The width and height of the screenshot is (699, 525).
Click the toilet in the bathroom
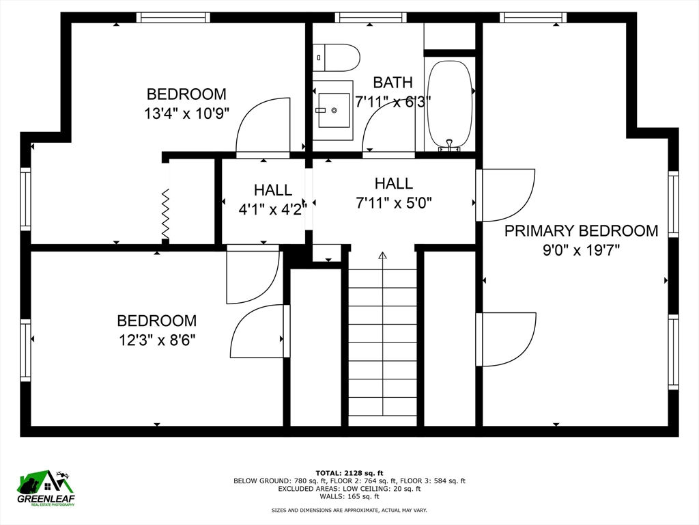[x=336, y=57]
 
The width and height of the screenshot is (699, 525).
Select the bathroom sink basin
[x=334, y=110]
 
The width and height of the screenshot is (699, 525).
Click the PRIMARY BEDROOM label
[x=581, y=231]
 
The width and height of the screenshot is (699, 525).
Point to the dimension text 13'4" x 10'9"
[x=186, y=114]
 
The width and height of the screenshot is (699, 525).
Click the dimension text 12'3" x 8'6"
[x=157, y=340]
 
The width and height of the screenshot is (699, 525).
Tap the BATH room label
[x=393, y=83]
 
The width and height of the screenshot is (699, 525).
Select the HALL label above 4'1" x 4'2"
[x=273, y=190]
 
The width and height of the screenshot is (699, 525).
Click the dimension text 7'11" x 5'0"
[x=394, y=204]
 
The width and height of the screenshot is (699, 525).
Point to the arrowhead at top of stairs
[x=382, y=256]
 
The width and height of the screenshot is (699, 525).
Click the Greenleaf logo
[x=46, y=488]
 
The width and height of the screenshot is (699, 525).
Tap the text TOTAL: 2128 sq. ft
[x=349, y=473]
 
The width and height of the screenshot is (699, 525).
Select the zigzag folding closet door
[x=165, y=214]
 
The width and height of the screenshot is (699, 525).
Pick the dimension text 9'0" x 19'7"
[x=581, y=250]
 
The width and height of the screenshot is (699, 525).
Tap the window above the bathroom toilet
[x=371, y=17]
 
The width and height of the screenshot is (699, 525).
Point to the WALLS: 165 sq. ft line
[x=349, y=496]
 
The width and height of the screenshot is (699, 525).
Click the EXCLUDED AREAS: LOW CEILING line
[x=349, y=489]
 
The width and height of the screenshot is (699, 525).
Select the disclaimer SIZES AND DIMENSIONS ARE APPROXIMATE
[x=349, y=510]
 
